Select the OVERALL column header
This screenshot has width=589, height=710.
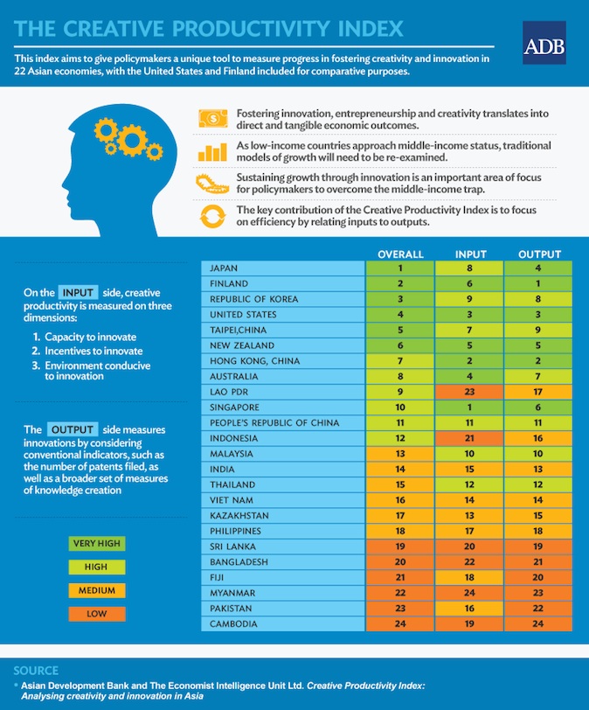[x=400, y=254]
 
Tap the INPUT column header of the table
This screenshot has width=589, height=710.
[x=471, y=254]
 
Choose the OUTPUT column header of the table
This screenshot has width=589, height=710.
[x=539, y=254]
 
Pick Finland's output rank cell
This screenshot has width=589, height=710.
[x=539, y=283]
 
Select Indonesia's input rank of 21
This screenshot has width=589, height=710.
[x=471, y=438]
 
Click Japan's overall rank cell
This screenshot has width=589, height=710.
[x=400, y=268]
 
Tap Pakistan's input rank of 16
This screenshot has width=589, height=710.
[x=471, y=608]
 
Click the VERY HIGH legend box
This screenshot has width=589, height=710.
[x=96, y=544]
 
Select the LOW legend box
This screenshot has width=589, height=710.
[x=96, y=614]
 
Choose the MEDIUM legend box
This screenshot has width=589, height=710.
[x=96, y=590]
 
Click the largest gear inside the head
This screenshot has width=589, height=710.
[x=133, y=139]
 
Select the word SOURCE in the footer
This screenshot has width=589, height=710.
[x=37, y=670]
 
